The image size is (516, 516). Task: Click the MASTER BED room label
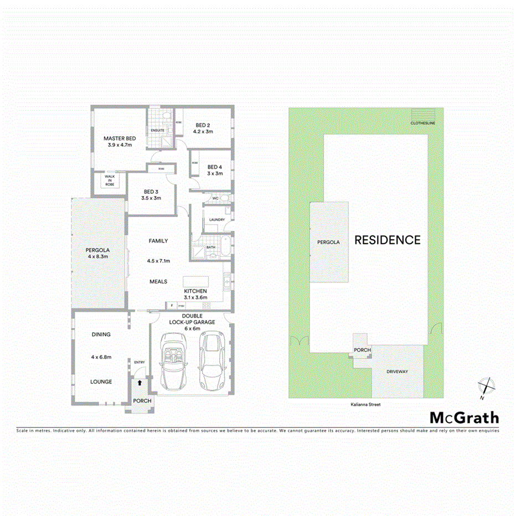[x=120, y=138]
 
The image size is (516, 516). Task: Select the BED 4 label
[x=215, y=167]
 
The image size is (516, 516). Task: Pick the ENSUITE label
[x=158, y=130]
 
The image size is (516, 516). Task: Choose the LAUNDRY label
[x=216, y=220]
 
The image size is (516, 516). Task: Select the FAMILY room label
[x=158, y=241]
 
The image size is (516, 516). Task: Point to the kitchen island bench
[x=196, y=281]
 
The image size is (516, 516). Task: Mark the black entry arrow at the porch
[x=140, y=382]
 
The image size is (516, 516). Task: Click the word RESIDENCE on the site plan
[x=387, y=240]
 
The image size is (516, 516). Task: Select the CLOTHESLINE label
[x=422, y=123]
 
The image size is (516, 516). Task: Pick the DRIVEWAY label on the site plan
[x=397, y=371]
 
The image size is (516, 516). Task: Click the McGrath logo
[x=465, y=418]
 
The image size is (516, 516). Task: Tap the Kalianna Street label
[x=365, y=405]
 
